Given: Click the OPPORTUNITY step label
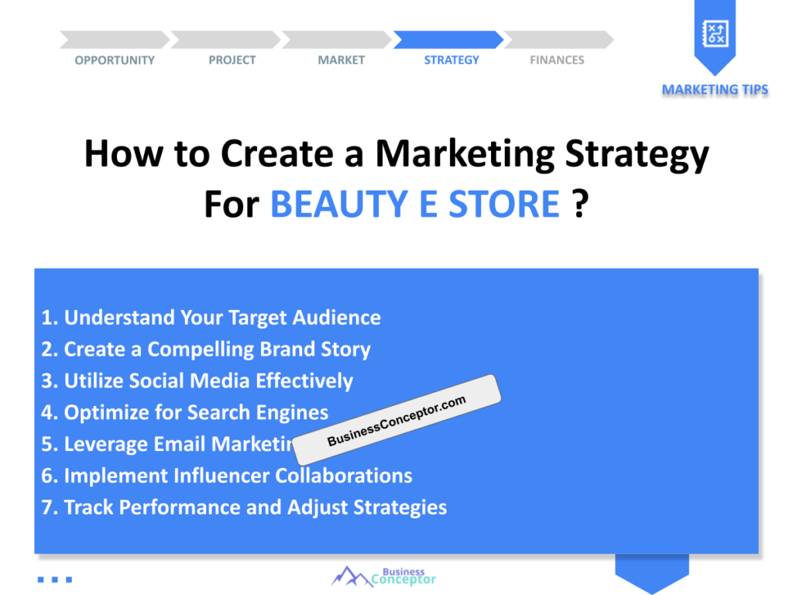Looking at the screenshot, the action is point(115,60).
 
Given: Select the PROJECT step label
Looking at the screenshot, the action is point(232,60).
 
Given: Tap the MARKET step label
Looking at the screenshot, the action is point(342,60).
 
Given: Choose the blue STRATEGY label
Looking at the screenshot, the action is point(451,60).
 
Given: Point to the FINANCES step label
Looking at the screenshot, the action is point(557,60).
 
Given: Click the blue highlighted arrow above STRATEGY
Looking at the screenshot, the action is point(448,40).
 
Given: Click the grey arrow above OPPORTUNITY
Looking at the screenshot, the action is point(115,40).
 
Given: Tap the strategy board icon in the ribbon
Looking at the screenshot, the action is point(715,34).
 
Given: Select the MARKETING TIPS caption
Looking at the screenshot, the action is point(715,90).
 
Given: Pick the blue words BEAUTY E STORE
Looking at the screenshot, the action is point(415,204).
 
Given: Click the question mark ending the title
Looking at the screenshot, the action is point(581,204).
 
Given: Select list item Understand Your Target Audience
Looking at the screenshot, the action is point(211,318).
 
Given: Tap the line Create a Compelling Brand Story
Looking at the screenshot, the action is point(206,349).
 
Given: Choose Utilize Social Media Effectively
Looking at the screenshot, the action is point(197,381).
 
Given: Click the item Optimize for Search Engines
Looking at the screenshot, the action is point(184,413).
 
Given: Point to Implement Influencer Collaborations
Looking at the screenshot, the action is point(227,476).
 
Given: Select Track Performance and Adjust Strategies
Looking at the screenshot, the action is point(244,507).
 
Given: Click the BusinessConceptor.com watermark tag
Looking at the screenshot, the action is point(396,420).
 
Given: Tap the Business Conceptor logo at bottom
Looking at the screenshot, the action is point(383,576).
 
